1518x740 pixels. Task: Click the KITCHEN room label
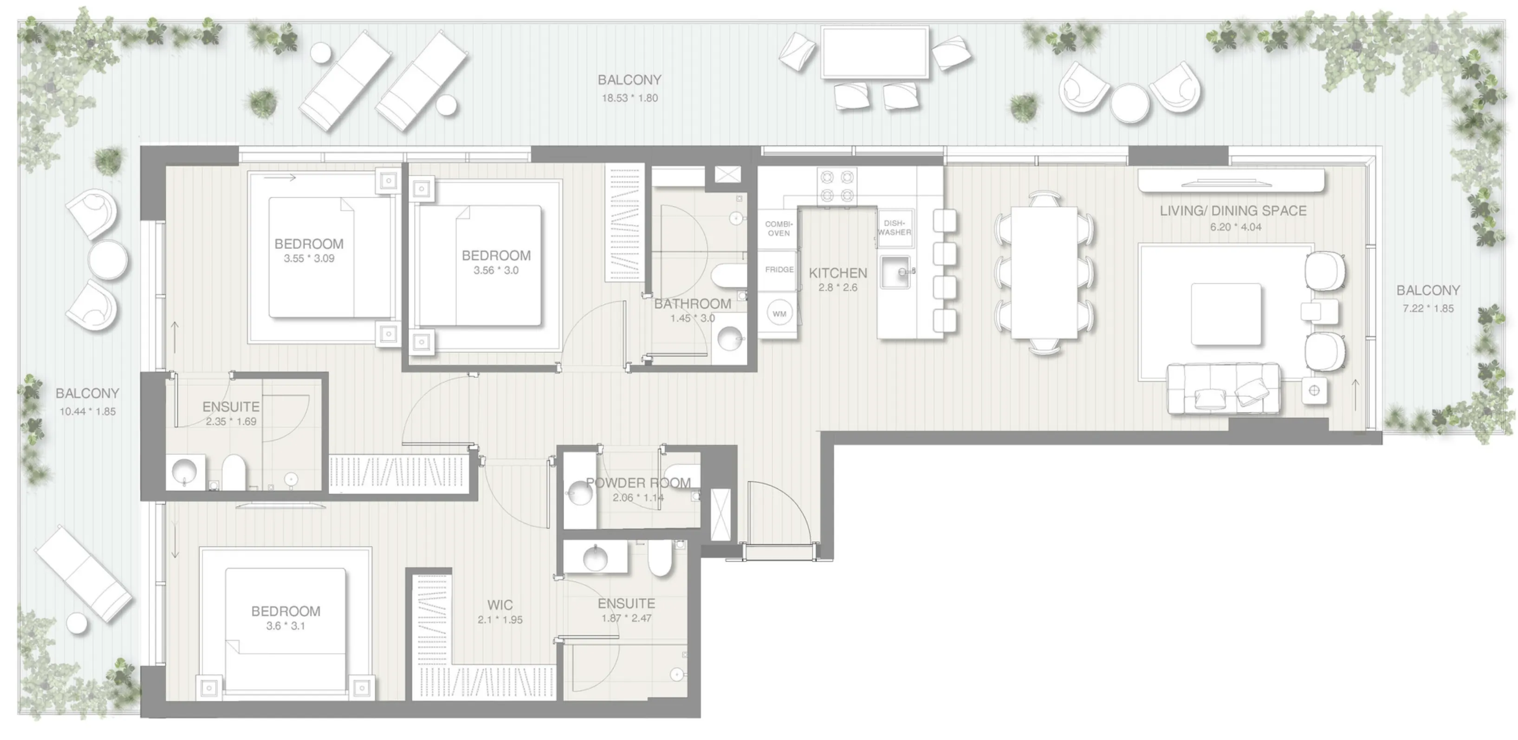point(837,273)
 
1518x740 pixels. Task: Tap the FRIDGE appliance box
point(778,270)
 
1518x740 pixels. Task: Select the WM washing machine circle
point(779,314)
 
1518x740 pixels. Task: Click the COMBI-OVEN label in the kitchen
point(778,228)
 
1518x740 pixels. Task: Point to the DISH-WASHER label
point(894,227)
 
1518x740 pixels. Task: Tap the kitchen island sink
point(895,272)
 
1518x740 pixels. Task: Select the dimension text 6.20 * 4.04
point(1236,227)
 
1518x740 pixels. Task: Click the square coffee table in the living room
point(1226,314)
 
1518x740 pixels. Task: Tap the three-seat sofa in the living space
point(1223,389)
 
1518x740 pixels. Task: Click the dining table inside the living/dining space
point(1044,272)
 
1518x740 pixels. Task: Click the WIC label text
point(500,604)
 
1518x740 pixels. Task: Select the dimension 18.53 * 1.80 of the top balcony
point(629,98)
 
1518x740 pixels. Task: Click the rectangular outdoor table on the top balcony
point(875,52)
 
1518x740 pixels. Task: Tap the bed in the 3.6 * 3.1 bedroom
point(285,629)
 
